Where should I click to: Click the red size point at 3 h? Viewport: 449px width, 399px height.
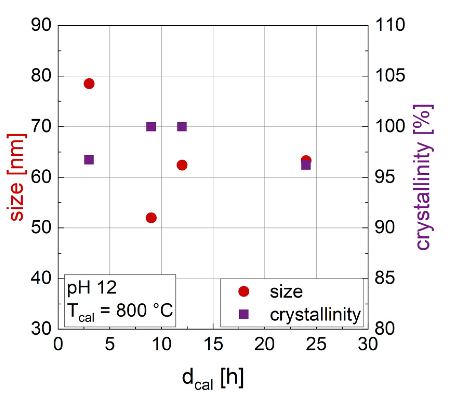(x=89, y=84)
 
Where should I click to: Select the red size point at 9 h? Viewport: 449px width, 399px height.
(x=151, y=218)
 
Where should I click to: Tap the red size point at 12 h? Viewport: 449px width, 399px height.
(x=182, y=165)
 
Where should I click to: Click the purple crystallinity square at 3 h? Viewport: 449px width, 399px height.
(x=89, y=160)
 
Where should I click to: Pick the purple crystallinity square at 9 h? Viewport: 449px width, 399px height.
(x=151, y=127)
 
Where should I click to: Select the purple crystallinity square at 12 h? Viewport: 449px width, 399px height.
(x=182, y=127)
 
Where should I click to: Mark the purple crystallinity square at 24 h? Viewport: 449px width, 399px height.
(x=306, y=165)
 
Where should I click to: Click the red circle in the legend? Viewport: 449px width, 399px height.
(x=243, y=291)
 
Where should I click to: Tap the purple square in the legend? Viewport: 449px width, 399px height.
(x=243, y=314)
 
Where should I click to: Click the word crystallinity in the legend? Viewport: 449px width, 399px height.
(x=315, y=315)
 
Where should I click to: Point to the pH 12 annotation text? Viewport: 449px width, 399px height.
(x=92, y=288)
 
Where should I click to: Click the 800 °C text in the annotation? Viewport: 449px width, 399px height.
(x=144, y=310)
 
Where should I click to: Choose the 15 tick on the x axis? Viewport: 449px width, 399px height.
(x=213, y=345)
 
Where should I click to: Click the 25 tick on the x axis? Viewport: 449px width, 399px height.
(x=316, y=345)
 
